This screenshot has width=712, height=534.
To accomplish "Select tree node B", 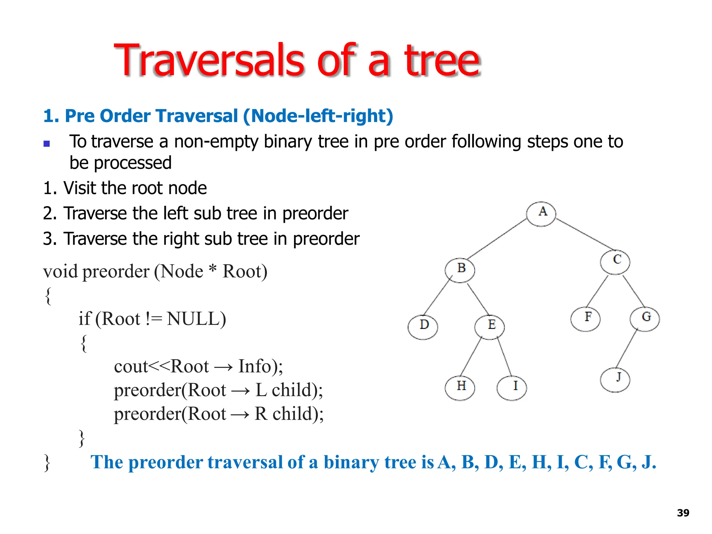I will [x=460, y=270].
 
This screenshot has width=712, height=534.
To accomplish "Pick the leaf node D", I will [x=423, y=327].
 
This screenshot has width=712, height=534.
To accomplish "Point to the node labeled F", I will [x=585, y=319].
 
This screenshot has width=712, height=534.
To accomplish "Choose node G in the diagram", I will [x=645, y=319].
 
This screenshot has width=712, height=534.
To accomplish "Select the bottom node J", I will [x=615, y=380].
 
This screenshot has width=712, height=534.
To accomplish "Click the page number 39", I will [x=683, y=513].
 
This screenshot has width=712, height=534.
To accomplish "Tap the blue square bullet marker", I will [x=47, y=143].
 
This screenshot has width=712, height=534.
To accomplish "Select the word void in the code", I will [x=60, y=272].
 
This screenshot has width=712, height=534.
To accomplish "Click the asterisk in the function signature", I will [x=212, y=268].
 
